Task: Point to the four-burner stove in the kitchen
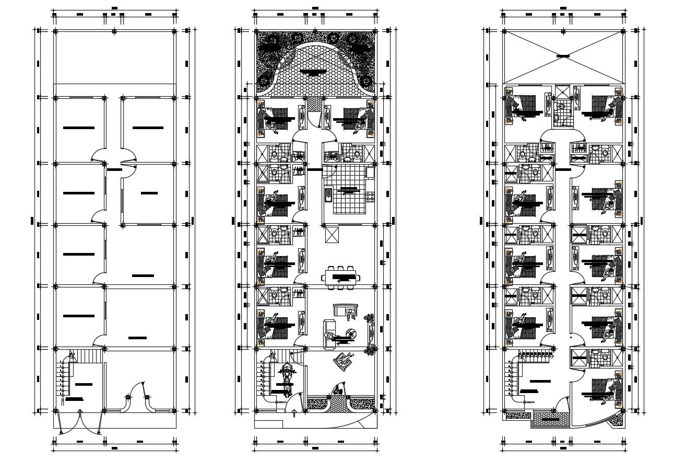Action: click(x=370, y=198)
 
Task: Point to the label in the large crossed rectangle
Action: click(x=563, y=55)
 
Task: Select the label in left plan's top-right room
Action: click(x=148, y=128)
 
